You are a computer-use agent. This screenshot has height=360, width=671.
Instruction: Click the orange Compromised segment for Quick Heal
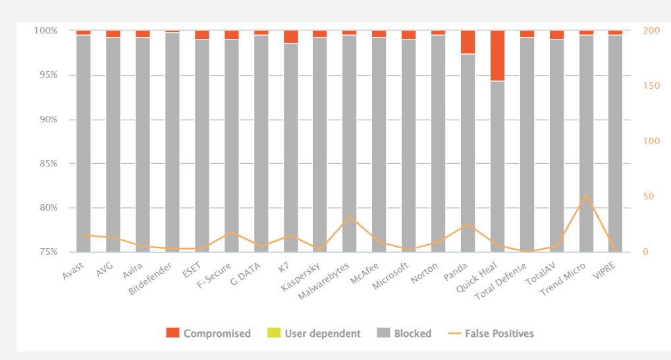tap(497, 55)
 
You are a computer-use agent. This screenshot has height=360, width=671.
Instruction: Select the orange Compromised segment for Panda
tap(468, 41)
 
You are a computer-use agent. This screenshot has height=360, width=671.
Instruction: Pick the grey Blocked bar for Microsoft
tap(408, 145)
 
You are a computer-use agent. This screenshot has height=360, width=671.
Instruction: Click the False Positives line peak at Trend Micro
tap(585, 195)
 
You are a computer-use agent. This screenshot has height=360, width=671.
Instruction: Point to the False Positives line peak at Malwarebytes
tap(350, 216)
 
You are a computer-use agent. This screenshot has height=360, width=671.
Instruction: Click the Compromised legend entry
tap(217, 334)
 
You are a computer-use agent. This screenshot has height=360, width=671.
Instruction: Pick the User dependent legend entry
tap(322, 334)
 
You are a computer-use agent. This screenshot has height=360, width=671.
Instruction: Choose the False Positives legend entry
tap(498, 334)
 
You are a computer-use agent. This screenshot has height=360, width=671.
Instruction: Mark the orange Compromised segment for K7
tap(290, 36)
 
